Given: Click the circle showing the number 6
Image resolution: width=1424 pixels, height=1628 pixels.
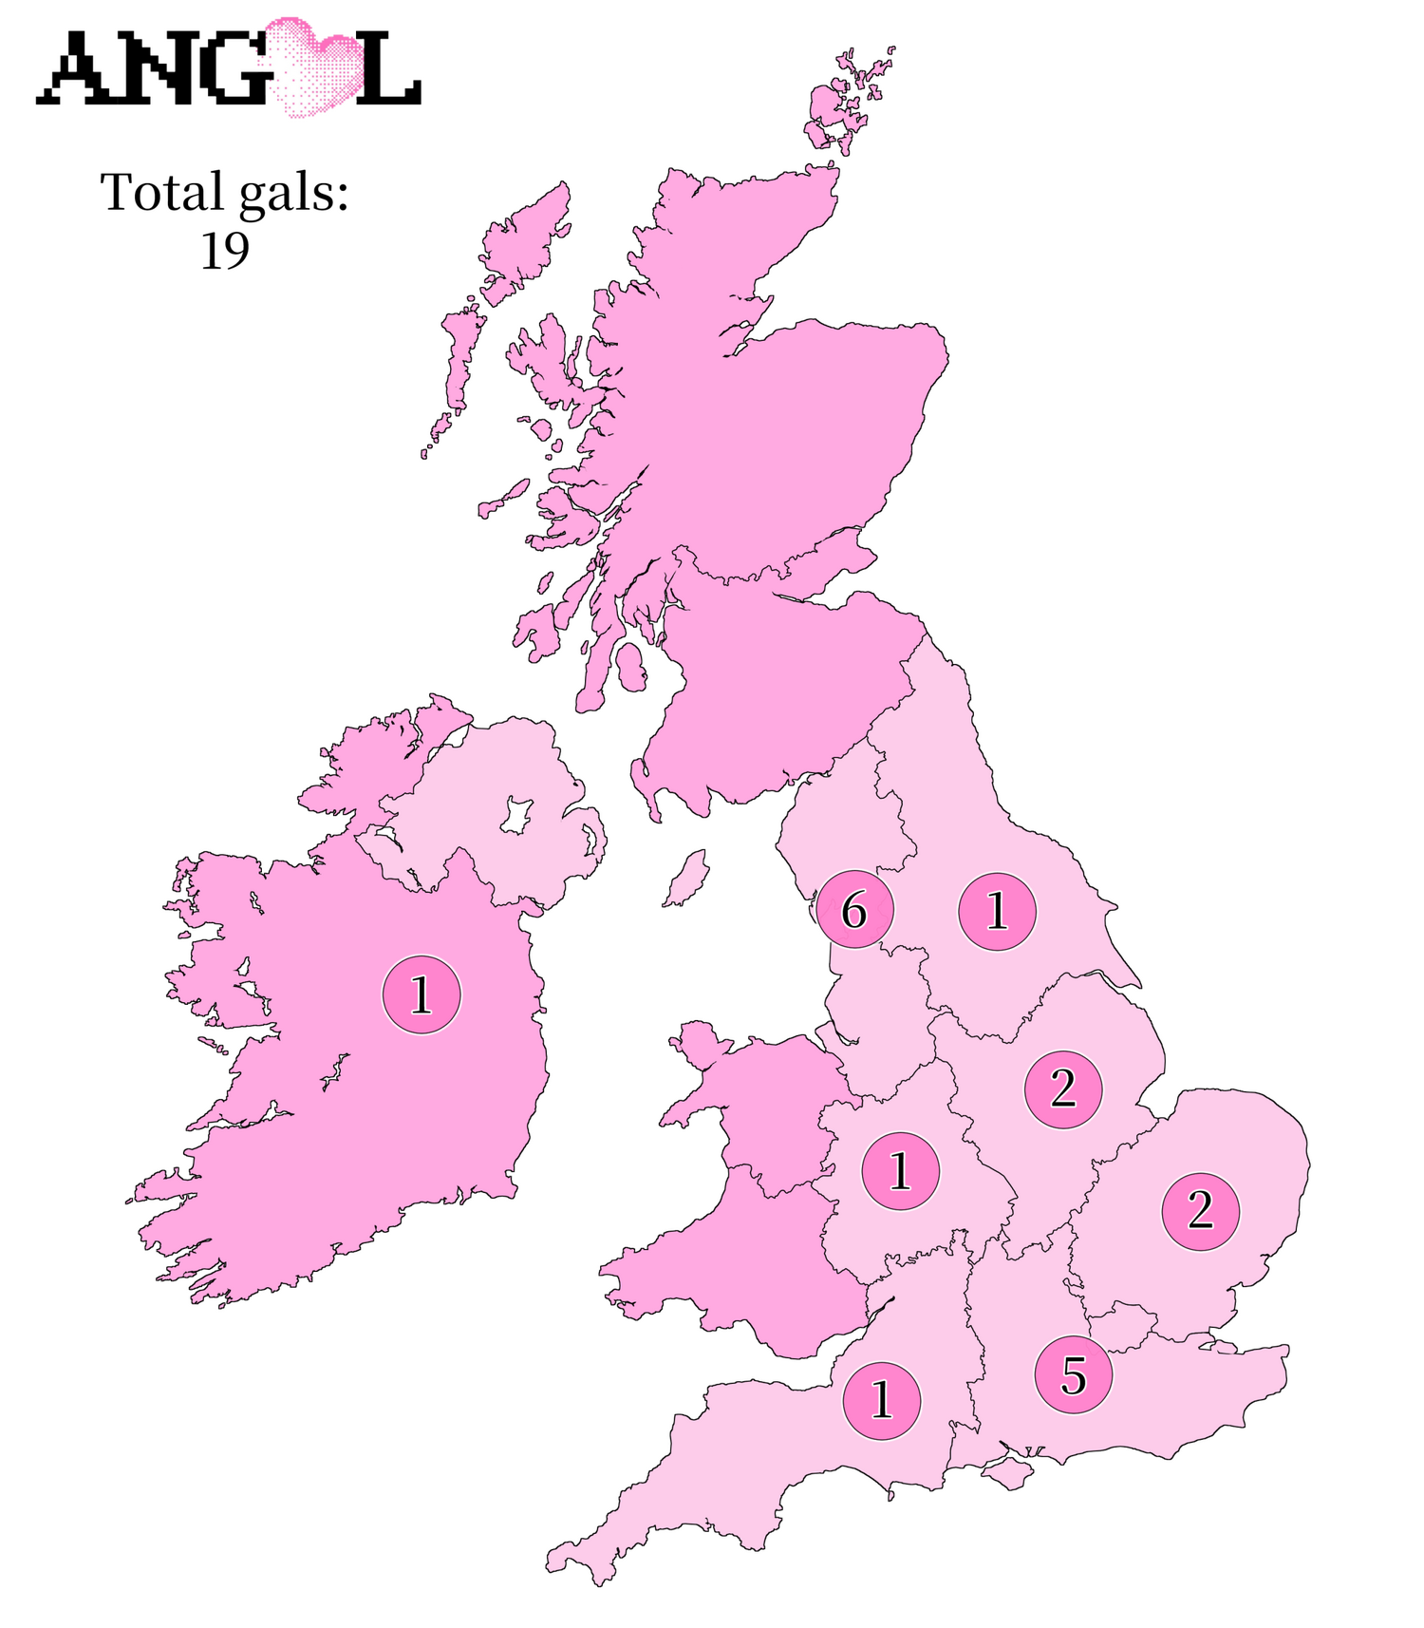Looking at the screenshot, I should [x=854, y=911].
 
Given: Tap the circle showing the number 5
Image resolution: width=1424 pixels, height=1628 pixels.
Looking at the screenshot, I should [x=1073, y=1374].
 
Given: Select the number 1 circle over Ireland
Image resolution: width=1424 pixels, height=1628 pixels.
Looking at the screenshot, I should [x=421, y=995].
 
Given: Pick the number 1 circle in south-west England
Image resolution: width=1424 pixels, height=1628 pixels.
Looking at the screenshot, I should [x=882, y=1399].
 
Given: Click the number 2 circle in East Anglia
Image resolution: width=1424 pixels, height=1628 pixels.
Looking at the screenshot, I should [x=1201, y=1211].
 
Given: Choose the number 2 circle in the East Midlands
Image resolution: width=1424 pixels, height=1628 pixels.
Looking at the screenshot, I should [x=1063, y=1088].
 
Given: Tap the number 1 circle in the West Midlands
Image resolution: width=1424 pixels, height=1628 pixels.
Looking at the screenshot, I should [x=900, y=1170].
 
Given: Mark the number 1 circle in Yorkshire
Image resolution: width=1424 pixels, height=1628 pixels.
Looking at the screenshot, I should [x=997, y=911].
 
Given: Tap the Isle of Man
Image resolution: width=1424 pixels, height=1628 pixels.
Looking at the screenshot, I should [x=684, y=877].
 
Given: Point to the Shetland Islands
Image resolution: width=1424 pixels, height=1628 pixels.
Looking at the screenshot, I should [x=850, y=100].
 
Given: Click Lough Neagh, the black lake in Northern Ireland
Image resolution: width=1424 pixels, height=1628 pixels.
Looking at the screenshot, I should [x=515, y=815].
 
